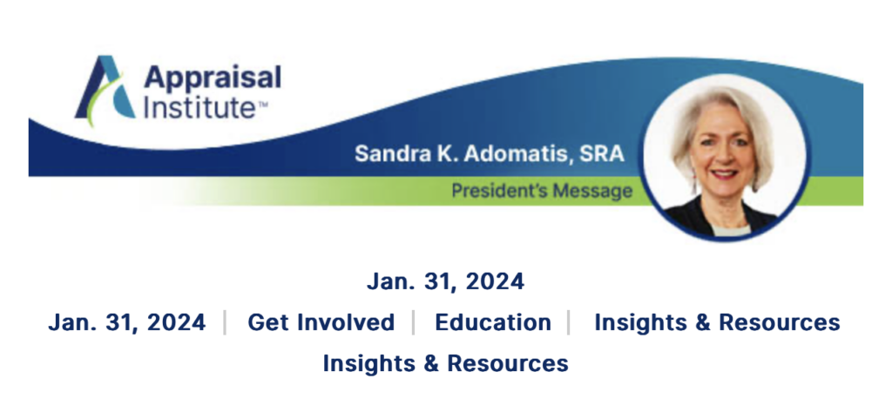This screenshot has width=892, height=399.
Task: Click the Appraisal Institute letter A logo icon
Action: tap(105, 90)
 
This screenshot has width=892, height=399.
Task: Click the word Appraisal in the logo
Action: tap(213, 79)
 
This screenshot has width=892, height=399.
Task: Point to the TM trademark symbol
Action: tap(262, 103)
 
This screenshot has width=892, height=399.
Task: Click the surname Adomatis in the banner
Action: tap(517, 153)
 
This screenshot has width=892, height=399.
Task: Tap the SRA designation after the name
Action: tap(602, 153)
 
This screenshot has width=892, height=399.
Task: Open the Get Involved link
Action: tap(321, 322)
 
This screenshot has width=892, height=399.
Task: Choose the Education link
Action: tap(493, 322)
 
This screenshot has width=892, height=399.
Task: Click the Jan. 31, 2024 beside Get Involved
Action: tap(127, 322)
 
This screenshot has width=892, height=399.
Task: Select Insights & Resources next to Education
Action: tap(718, 322)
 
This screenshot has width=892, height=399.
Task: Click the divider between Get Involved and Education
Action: tap(414, 322)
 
